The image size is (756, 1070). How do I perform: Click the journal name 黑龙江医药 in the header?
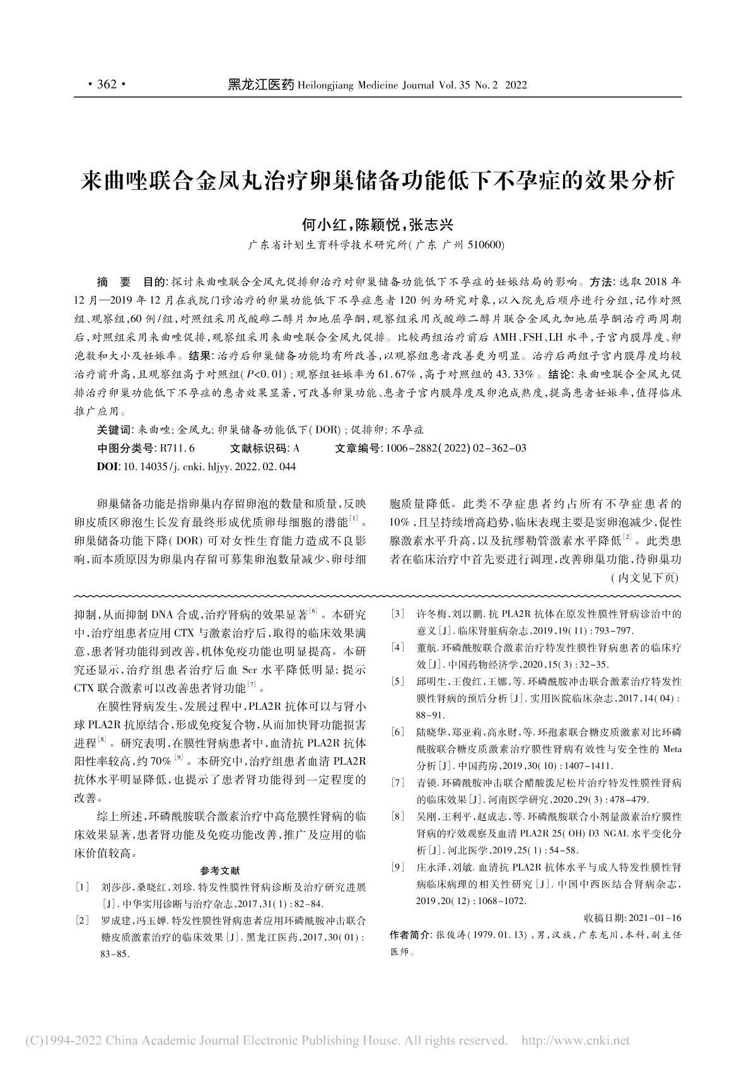(x=260, y=85)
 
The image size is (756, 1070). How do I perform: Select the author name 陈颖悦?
(x=377, y=225)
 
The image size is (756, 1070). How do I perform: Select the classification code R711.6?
(x=177, y=449)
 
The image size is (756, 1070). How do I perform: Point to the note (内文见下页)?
(x=644, y=577)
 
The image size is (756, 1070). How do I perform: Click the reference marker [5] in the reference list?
(x=397, y=681)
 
